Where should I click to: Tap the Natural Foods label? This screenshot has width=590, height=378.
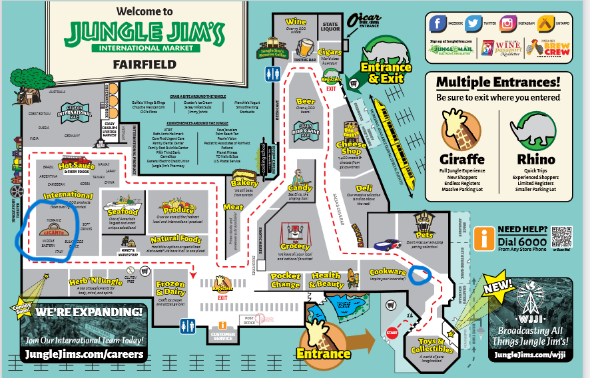176,240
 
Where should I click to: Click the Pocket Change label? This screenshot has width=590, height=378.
286,280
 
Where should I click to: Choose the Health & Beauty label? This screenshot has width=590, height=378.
326,280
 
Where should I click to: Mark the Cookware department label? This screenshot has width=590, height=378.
388,272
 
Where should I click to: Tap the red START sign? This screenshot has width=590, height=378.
392,333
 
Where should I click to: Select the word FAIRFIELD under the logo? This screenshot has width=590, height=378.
145,65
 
